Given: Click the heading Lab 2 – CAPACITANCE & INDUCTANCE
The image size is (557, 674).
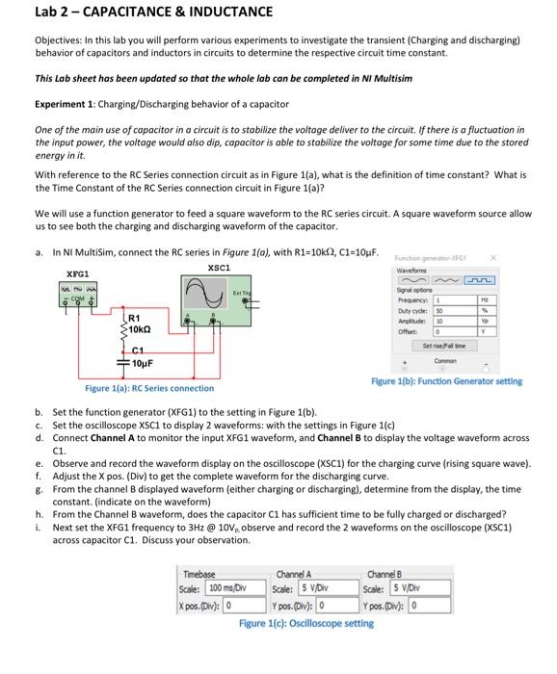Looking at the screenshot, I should [x=141, y=13].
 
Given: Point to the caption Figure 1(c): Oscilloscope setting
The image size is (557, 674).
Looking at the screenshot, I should [x=306, y=623].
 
